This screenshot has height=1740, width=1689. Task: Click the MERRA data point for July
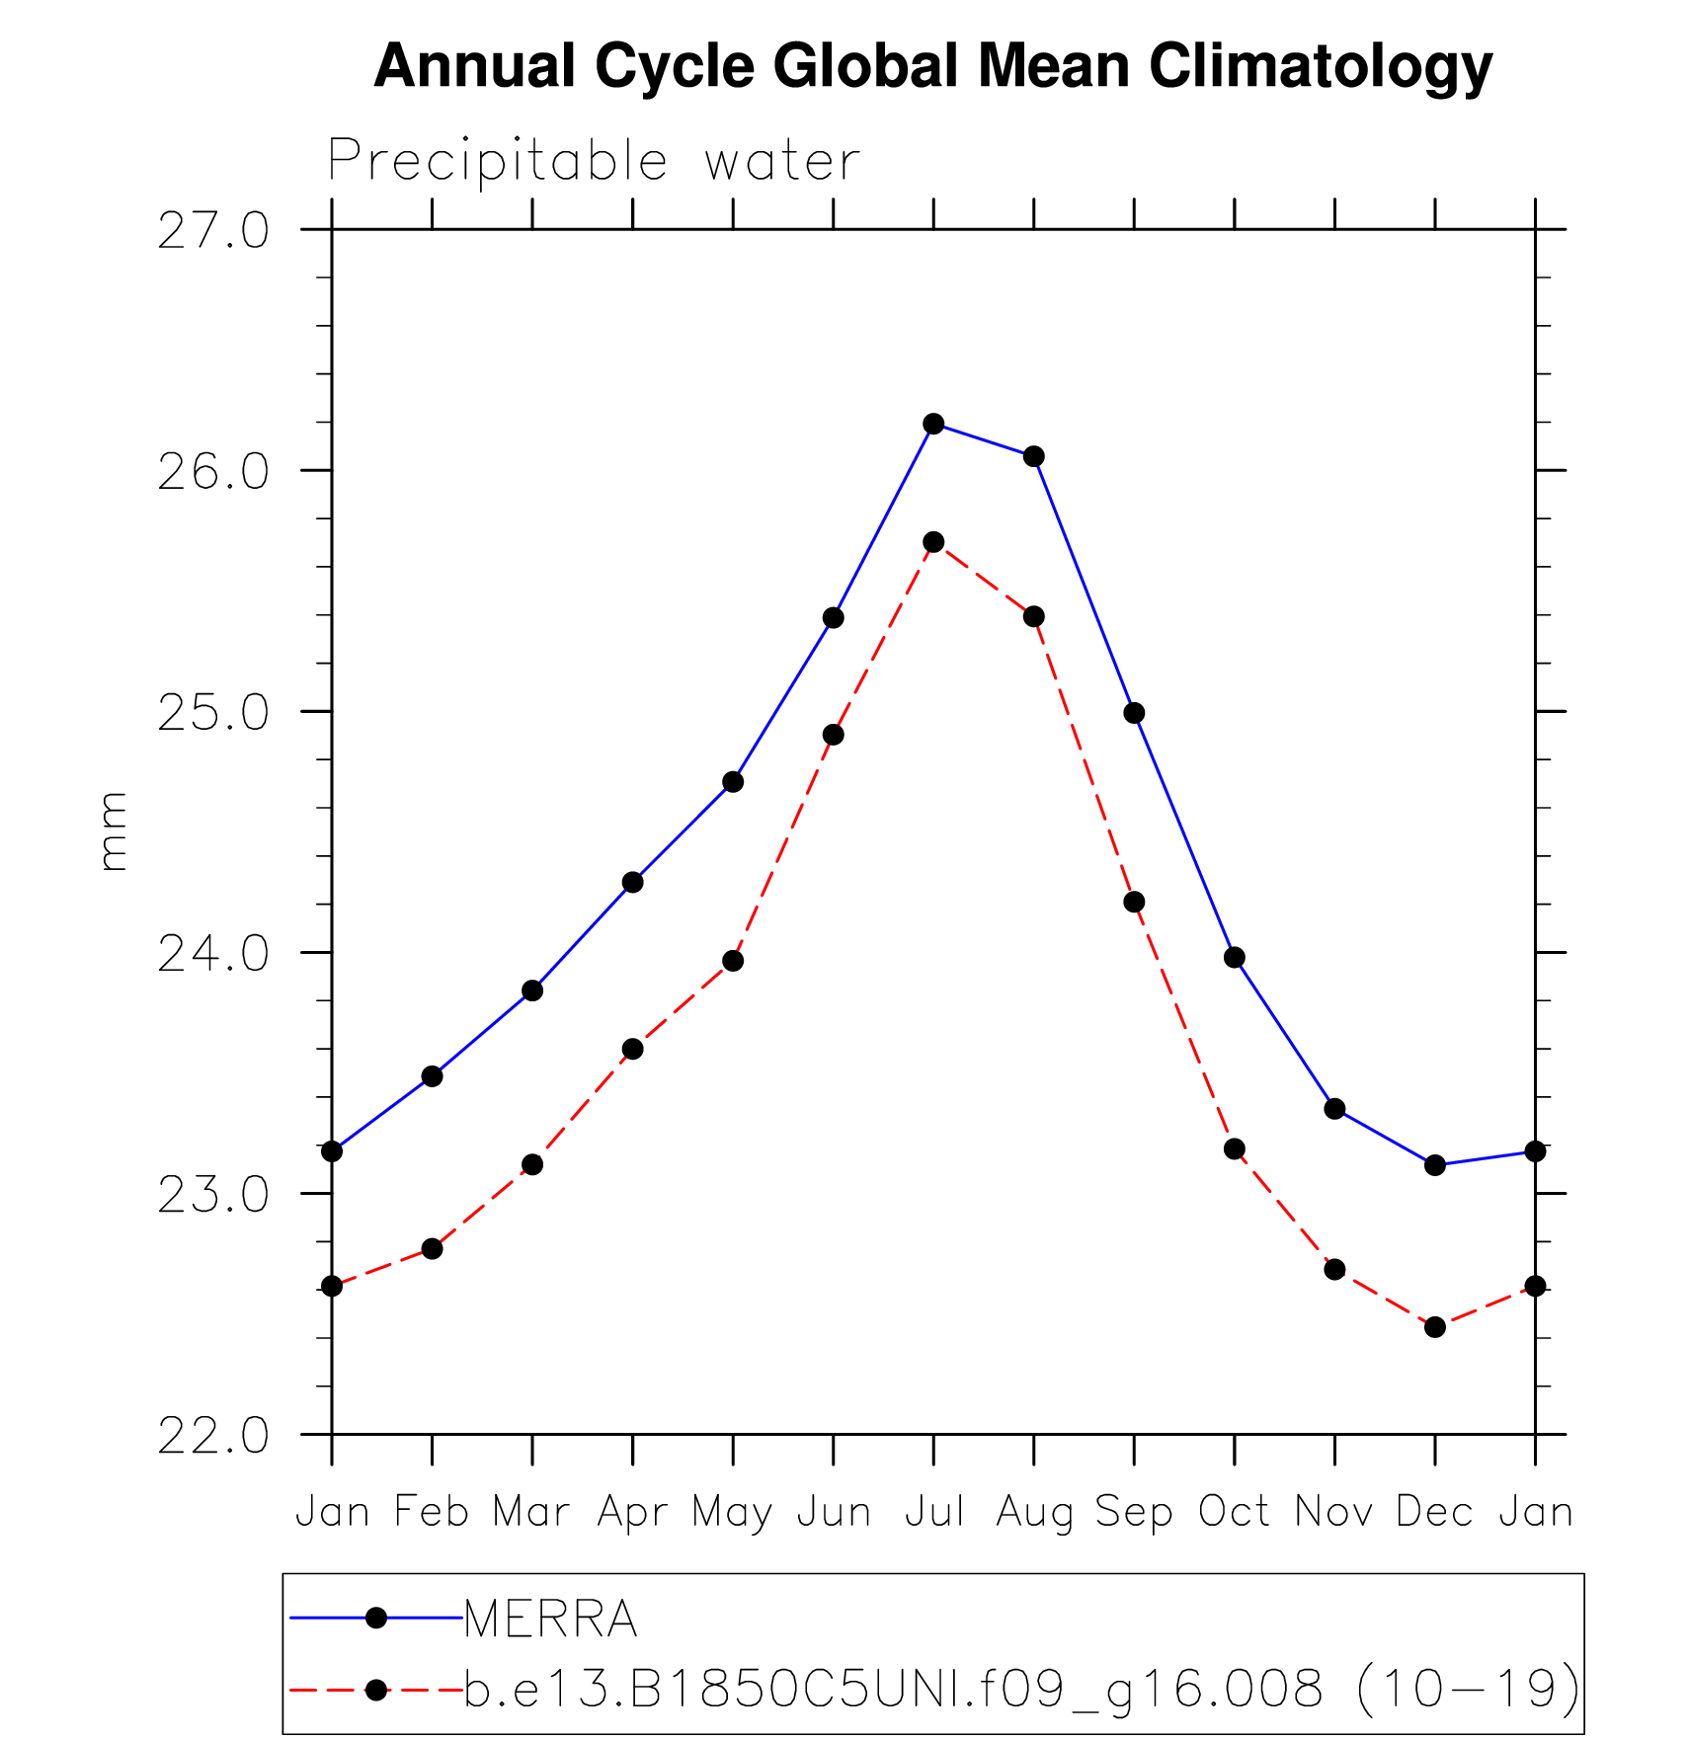[933, 424]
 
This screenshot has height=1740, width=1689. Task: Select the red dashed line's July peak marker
[933, 542]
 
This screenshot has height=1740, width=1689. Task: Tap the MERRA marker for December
[1435, 1165]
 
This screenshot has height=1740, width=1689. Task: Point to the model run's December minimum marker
[1435, 1327]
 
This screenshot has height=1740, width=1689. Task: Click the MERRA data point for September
[1134, 713]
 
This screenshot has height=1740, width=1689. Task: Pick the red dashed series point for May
[733, 961]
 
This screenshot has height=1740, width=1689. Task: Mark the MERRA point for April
[632, 882]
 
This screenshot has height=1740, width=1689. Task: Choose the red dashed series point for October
[1235, 1149]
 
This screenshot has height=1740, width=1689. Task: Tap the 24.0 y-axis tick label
[213, 954]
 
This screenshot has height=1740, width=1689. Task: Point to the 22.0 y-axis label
[213, 1436]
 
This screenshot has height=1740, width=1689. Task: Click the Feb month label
[432, 1511]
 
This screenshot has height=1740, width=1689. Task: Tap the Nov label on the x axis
[1334, 1511]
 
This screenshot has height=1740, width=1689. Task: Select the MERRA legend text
[550, 1619]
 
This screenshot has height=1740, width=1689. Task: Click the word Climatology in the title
[1320, 66]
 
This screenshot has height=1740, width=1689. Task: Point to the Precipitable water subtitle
[594, 161]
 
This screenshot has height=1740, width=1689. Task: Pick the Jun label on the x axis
[834, 1511]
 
